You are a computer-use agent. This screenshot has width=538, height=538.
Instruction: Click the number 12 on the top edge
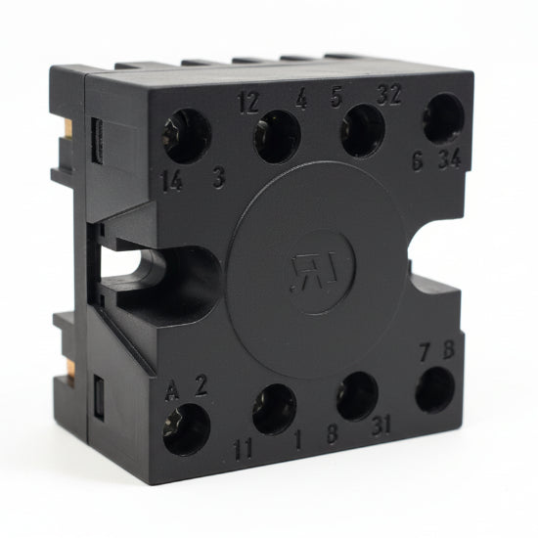248,102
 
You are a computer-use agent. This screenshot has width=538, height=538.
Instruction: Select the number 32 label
388,96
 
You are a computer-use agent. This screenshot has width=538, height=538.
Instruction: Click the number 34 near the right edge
452,160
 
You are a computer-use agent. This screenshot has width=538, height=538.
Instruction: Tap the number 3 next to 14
219,179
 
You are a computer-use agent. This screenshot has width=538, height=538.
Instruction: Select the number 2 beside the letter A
202,385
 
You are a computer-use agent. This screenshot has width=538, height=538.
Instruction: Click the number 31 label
383,427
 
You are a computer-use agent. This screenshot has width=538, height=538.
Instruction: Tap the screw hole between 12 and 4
277,137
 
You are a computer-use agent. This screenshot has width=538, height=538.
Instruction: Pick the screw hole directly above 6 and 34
443,118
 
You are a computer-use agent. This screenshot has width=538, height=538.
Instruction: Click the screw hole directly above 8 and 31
357,396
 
